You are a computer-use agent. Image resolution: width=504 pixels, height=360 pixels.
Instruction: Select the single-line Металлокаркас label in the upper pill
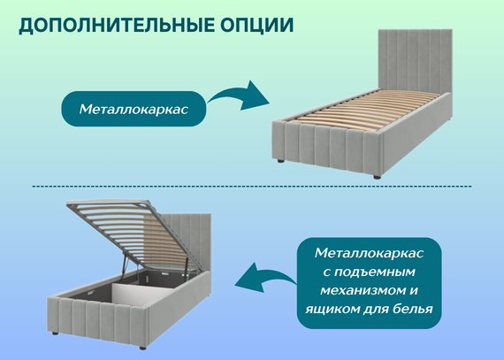point(134,110)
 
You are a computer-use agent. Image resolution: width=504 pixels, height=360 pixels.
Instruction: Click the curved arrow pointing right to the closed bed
point(240,96)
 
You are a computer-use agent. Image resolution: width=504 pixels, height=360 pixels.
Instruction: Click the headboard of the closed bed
point(415,59)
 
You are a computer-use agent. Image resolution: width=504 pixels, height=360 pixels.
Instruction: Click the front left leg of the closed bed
point(280,160)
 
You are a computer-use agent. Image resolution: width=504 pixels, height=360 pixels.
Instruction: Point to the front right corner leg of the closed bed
point(377,177)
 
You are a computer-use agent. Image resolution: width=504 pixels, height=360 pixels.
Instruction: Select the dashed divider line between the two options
point(252,186)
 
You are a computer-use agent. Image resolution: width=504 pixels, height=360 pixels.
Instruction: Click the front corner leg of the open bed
point(142,348)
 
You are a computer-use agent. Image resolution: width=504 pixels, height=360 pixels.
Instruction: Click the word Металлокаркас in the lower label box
point(369,253)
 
